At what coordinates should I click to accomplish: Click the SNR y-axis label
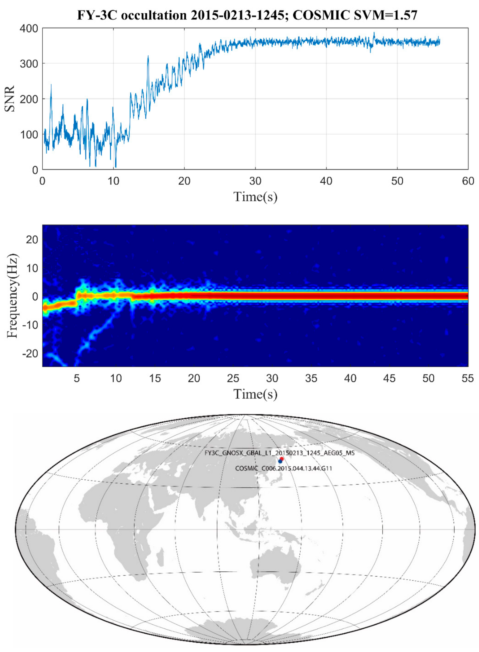pyautogui.click(x=10, y=99)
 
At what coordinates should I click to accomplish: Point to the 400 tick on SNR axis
pyautogui.click(x=29, y=28)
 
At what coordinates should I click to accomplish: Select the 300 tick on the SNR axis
pyautogui.click(x=29, y=64)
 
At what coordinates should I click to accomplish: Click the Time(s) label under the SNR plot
pyautogui.click(x=255, y=197)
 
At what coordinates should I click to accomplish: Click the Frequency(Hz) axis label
pyautogui.click(x=12, y=296)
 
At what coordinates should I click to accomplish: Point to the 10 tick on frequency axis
pyautogui.click(x=33, y=268)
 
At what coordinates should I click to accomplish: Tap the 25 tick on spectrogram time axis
pyautogui.click(x=233, y=378)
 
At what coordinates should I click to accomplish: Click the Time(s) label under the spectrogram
pyautogui.click(x=255, y=394)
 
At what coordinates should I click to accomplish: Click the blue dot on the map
pyautogui.click(x=280, y=461)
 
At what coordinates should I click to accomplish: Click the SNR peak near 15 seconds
pyautogui.click(x=148, y=56)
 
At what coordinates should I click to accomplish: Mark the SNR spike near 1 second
pyautogui.click(x=51, y=85)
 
